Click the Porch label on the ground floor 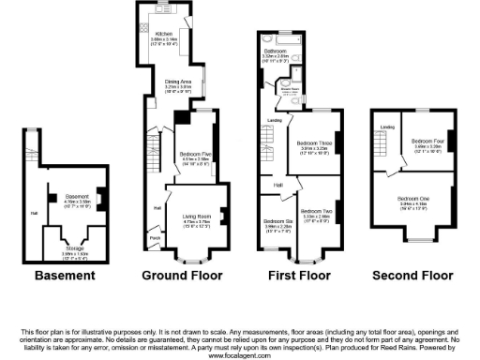(x=155, y=237)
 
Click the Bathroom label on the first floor (x=274, y=51)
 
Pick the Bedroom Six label (x=277, y=221)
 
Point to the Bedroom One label (x=412, y=199)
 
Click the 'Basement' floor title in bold (x=65, y=277)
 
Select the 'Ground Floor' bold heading (x=181, y=277)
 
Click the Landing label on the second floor (x=384, y=127)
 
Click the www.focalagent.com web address (x=240, y=355)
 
